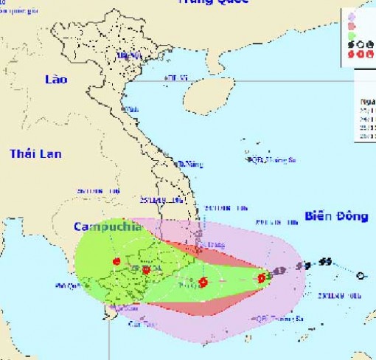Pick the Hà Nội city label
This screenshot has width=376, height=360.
(x=130, y=55)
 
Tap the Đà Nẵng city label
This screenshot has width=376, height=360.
(x=190, y=164)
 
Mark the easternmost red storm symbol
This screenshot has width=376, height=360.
(x=262, y=278)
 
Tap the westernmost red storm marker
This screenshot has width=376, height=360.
(x=116, y=262)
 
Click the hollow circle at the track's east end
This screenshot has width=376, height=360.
(x=360, y=276)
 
